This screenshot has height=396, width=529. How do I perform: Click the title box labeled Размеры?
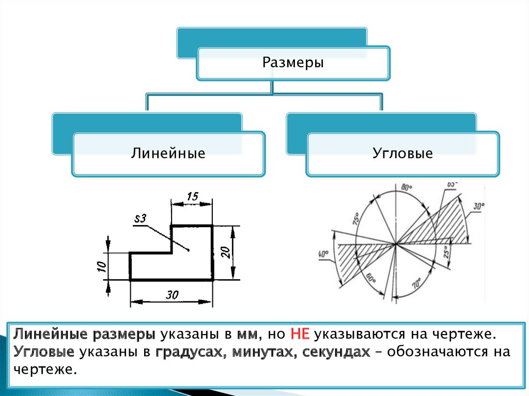293,64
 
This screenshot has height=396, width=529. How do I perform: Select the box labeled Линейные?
168,153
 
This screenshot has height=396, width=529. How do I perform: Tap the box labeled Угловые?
402,153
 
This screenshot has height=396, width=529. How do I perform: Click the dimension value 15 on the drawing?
192,196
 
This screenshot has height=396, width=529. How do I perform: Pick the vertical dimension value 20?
225,252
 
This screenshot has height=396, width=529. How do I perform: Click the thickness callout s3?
140,219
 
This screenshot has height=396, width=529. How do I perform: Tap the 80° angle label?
406,187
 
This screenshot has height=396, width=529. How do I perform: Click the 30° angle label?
478,206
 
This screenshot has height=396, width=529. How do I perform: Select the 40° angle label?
324,255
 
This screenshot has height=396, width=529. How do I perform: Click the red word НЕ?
300,334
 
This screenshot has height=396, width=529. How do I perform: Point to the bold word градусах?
186,353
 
